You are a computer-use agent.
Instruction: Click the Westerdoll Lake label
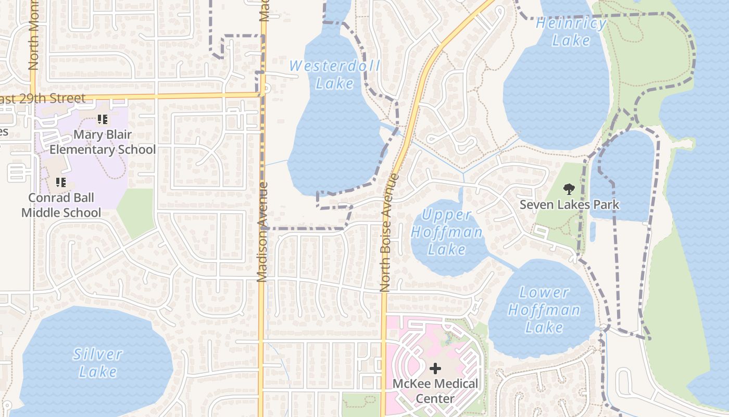(334, 75)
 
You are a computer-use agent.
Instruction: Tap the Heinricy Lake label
(571, 32)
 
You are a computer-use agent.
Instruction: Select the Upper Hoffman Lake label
(447, 231)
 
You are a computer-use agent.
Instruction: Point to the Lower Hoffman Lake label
(544, 310)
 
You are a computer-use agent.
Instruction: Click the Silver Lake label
(98, 363)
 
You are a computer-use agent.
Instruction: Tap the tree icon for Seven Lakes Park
(569, 189)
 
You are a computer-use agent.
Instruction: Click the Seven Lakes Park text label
(570, 204)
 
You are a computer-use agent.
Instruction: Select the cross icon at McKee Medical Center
(435, 369)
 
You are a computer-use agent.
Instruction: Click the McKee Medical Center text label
(435, 391)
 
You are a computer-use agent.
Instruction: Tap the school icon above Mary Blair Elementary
(103, 119)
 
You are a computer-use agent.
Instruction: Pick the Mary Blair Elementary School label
(103, 142)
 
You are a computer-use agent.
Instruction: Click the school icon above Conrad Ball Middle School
(61, 182)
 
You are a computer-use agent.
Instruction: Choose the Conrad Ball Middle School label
(61, 205)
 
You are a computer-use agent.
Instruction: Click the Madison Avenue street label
(263, 232)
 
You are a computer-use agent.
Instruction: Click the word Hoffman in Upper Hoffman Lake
(447, 232)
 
